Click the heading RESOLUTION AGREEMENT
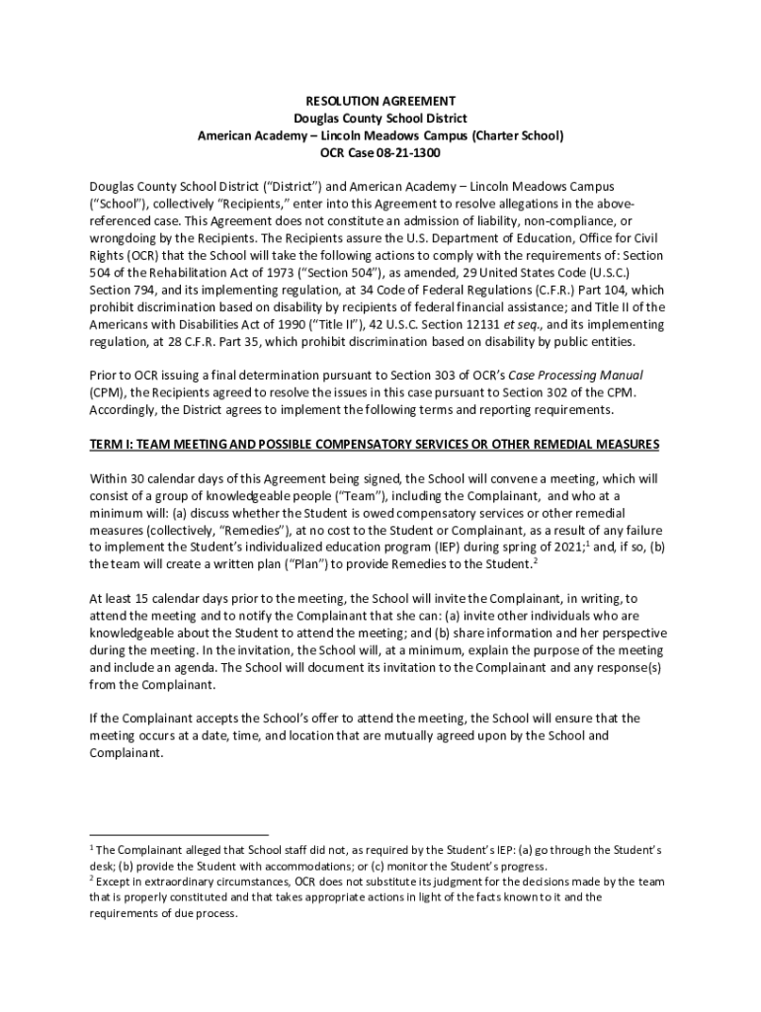[x=380, y=101]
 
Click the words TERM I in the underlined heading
[x=115, y=444]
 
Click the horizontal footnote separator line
[x=179, y=835]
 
